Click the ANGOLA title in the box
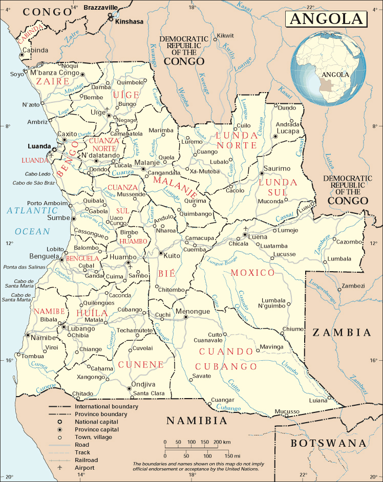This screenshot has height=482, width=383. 326,19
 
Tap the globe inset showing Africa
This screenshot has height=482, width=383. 330,69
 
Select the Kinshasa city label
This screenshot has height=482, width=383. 130,22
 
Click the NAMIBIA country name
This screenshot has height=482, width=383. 197,421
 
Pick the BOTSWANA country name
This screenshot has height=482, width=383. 329,443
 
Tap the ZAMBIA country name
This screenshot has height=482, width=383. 342,333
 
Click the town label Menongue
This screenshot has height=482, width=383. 193,311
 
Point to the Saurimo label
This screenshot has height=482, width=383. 276,168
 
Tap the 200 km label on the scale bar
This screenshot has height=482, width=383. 221,442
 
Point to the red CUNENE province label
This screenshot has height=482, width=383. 141,364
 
